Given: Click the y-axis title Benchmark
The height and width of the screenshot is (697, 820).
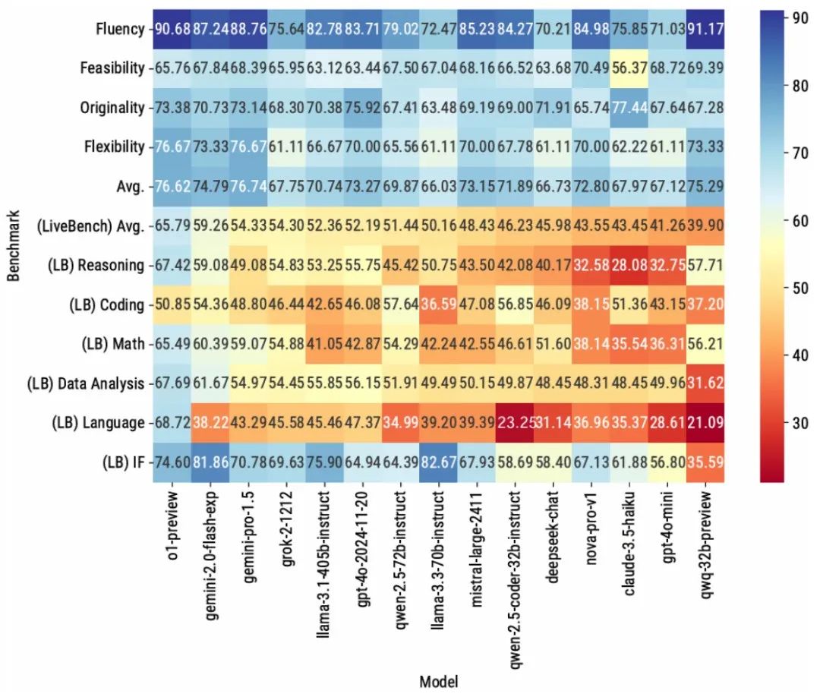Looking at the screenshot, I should click(x=14, y=246).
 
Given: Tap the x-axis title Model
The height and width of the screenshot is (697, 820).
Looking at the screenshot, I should click(x=438, y=681).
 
